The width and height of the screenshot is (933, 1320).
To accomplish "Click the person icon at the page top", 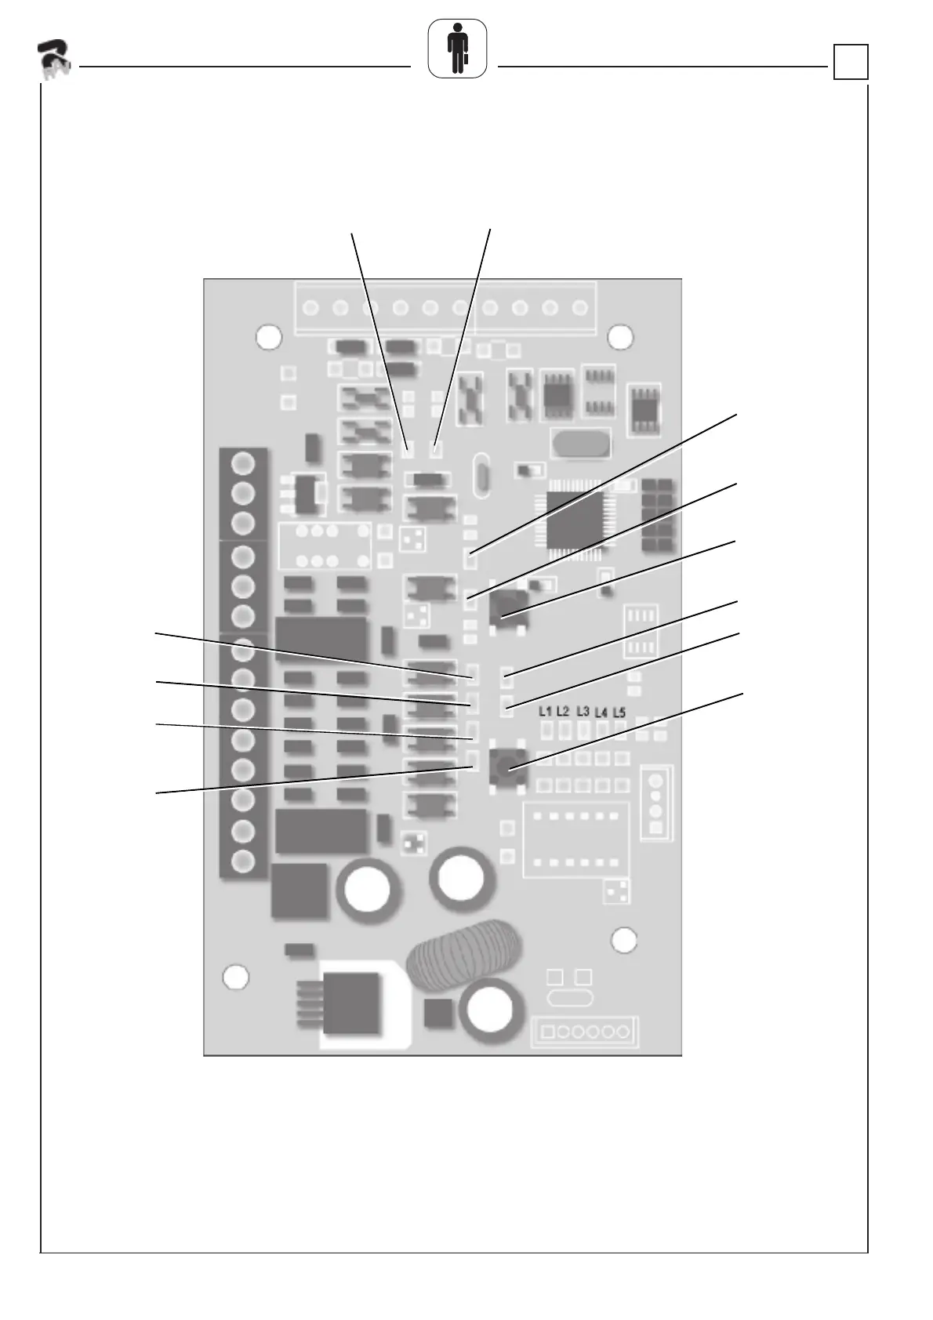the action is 457,49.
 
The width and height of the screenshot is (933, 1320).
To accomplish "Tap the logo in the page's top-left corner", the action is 54,59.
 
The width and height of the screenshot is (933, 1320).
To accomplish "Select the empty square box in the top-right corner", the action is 851,62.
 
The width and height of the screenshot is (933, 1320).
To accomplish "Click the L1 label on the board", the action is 545,711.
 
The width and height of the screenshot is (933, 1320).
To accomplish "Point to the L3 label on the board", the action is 583,711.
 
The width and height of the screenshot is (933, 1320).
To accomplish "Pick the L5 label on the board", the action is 619,713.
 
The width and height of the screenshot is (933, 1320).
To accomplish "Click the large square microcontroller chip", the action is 575,520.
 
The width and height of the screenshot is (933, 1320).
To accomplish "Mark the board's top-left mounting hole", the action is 269,337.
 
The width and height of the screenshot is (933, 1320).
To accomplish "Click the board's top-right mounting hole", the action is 619,337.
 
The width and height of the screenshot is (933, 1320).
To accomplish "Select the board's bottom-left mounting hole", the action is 236,977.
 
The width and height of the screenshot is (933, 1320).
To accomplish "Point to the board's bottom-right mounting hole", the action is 623,940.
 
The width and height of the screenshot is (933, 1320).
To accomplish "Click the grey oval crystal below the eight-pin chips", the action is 580,443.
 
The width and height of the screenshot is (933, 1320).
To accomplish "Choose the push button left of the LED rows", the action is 508,766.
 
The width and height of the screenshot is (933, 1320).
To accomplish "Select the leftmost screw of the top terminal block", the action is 310,307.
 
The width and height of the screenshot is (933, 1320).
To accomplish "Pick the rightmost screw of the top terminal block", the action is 580,307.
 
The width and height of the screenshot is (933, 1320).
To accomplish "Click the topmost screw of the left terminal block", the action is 243,463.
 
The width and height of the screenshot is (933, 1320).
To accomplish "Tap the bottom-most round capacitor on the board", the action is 490,1010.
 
